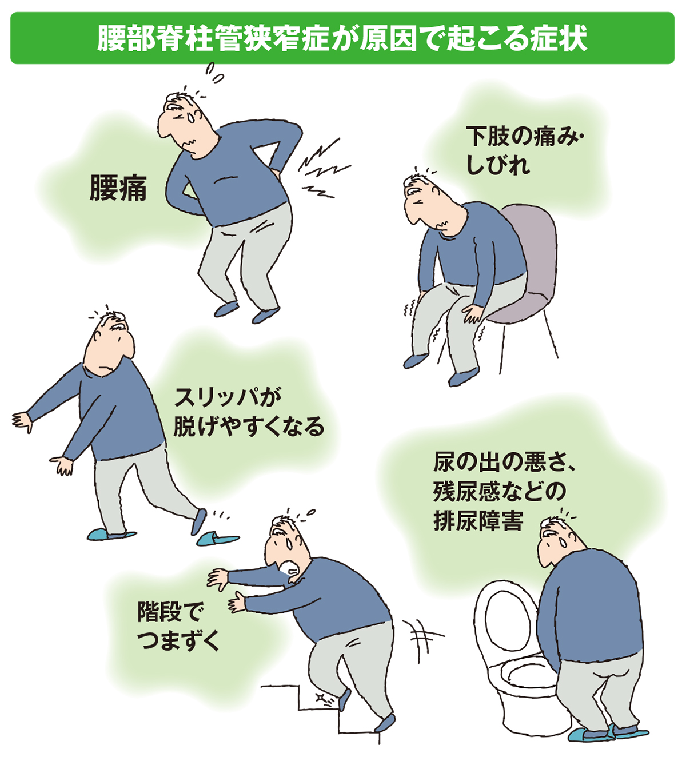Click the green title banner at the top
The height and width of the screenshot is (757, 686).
tap(342, 38)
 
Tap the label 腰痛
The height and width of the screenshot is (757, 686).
tap(118, 188)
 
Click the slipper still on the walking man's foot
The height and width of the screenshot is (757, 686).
tap(111, 535)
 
